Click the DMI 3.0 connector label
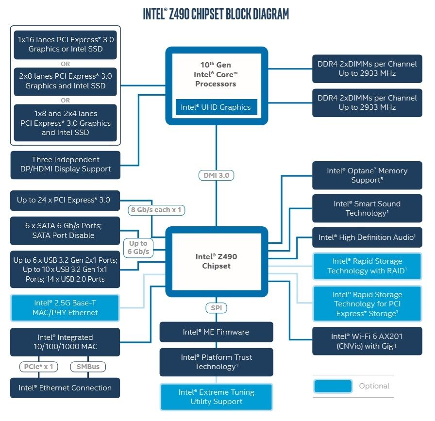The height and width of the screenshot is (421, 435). point(216,175)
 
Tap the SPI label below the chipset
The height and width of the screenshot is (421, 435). point(216,308)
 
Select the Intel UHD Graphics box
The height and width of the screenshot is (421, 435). point(216,107)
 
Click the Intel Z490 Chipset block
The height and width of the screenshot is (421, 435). point(216,261)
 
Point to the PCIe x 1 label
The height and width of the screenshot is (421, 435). point(39,367)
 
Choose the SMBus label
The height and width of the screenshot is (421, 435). point(88,367)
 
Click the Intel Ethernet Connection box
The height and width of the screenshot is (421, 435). point(65,388)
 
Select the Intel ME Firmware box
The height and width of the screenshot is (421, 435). point(216,332)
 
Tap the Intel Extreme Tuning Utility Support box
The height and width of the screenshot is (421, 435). point(216,397)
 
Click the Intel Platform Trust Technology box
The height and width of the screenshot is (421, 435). point(216,362)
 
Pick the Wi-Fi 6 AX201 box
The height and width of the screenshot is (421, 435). point(367,341)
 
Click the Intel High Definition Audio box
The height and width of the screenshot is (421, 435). point(367,237)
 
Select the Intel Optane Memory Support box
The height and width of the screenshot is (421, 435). point(367,175)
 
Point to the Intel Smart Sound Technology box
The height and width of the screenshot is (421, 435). point(367,208)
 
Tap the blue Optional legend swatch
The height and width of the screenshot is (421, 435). point(333,386)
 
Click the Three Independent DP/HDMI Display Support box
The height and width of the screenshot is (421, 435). point(65,164)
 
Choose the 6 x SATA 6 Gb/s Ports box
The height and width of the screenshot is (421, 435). point(65,231)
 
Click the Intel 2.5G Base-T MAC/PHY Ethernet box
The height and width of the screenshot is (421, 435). point(65,308)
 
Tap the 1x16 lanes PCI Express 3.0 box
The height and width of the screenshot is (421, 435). point(65,44)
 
